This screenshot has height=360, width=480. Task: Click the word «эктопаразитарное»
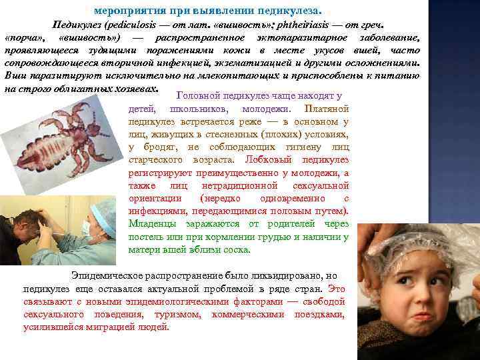[287, 37]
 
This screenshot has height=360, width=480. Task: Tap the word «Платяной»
[325, 109]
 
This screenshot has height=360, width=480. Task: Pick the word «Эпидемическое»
[111, 276]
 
